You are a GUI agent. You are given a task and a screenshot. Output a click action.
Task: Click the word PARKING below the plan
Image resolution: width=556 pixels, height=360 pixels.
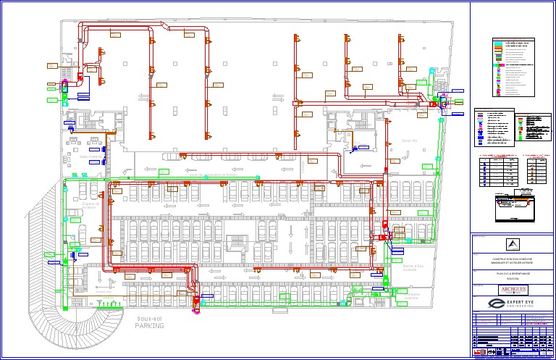tap(149, 326)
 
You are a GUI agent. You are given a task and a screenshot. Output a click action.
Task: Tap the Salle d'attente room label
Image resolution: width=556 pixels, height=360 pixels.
tap(93, 156)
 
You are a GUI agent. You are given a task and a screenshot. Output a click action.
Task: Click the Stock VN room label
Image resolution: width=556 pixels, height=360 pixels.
tap(410, 141)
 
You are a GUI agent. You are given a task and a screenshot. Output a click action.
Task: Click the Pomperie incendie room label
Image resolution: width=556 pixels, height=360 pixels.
tap(412, 297)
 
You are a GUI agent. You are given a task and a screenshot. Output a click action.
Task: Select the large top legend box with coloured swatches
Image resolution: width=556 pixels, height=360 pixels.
tap(515, 67)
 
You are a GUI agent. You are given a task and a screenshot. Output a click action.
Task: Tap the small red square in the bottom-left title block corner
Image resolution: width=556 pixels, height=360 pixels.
tap(477, 355)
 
